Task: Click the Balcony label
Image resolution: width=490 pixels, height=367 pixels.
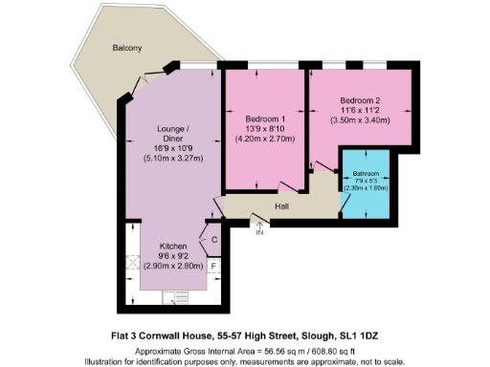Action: (x=126, y=47)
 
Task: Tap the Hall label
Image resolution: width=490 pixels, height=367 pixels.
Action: (x=282, y=205)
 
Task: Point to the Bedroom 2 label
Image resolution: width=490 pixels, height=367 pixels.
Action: (x=360, y=100)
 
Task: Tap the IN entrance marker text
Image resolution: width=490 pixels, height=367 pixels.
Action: (x=259, y=231)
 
